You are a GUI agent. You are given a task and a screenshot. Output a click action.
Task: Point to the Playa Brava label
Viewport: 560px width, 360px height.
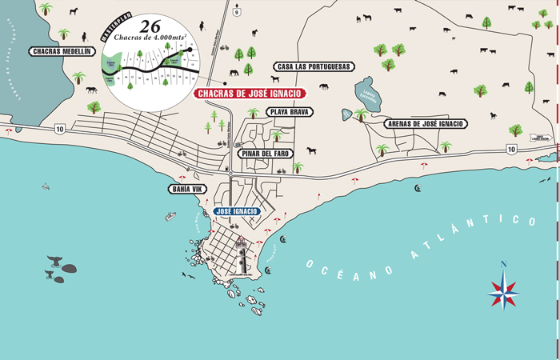[x=290, y=112]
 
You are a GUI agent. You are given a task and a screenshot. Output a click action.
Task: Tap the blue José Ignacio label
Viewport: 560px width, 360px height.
[x=237, y=211]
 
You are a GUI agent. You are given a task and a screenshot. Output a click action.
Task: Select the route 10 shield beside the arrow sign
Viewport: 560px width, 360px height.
[x=510, y=149]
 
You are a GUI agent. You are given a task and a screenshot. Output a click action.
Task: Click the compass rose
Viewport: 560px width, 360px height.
[x=503, y=288]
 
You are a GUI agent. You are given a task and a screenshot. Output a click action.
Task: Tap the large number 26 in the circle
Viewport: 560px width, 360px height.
[x=150, y=25]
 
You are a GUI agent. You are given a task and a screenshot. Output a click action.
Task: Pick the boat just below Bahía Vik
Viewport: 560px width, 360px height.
[x=170, y=216]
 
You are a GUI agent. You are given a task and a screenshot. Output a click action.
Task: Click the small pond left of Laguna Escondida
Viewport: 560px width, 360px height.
[x=346, y=114]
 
